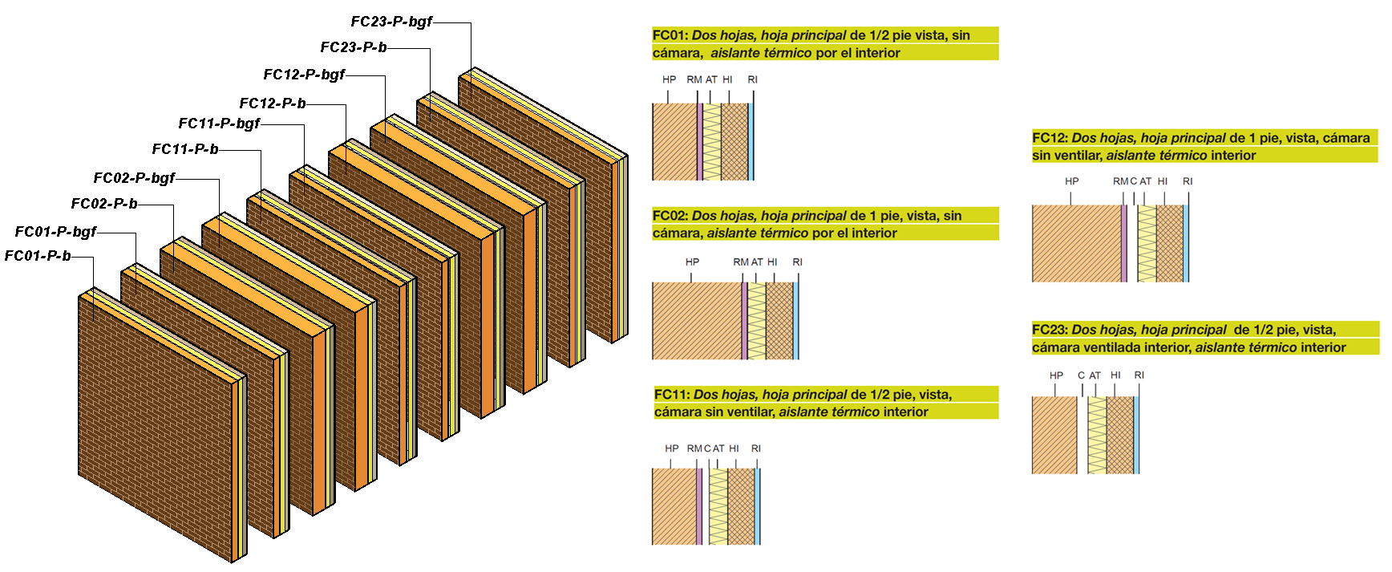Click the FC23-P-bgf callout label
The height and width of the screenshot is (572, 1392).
coord(391,22)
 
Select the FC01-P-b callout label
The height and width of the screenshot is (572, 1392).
coord(38,256)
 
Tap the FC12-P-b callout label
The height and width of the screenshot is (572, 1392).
coord(273,103)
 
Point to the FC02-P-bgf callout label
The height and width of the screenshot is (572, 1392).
coord(134,178)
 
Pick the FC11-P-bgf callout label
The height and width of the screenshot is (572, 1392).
coord(219,124)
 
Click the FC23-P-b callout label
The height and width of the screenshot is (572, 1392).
coord(354,47)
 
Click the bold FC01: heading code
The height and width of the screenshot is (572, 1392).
coord(670,35)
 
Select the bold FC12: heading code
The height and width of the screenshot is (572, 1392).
coord(1050,138)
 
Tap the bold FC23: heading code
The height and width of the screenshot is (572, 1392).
coord(1050,330)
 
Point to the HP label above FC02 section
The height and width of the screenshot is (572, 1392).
coord(692,262)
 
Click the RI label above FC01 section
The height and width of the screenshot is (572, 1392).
coord(752,80)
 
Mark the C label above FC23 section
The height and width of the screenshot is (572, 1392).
coord(1081,375)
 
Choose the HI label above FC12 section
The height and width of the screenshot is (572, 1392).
coord(1162,182)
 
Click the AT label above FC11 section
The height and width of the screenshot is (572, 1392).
coord(718,448)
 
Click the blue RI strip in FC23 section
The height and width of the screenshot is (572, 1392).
coord(1136,435)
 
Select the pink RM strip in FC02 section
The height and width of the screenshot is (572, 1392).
coord(744,321)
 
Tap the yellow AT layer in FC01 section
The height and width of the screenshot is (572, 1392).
coord(711,141)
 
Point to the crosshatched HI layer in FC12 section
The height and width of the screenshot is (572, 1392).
coord(1170,243)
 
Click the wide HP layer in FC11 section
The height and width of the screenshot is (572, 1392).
coord(674,506)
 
